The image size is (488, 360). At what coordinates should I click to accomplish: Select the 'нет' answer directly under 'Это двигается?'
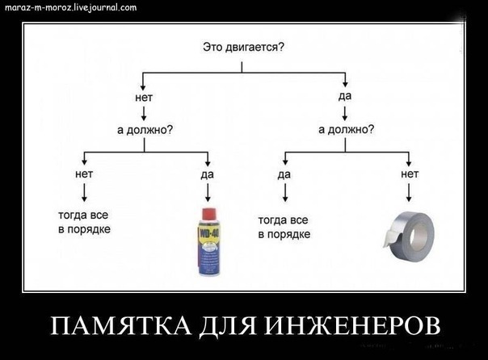[144, 97]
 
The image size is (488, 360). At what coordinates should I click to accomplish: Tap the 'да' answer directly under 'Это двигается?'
[346, 97]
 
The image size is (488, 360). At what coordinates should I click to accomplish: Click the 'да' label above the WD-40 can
[207, 174]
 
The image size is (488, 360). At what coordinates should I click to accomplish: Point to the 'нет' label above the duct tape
[409, 173]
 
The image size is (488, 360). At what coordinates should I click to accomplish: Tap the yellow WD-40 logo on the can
[207, 240]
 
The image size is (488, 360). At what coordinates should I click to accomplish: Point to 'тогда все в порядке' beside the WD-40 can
[84, 223]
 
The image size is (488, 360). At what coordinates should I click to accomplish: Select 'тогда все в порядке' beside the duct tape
[284, 226]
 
